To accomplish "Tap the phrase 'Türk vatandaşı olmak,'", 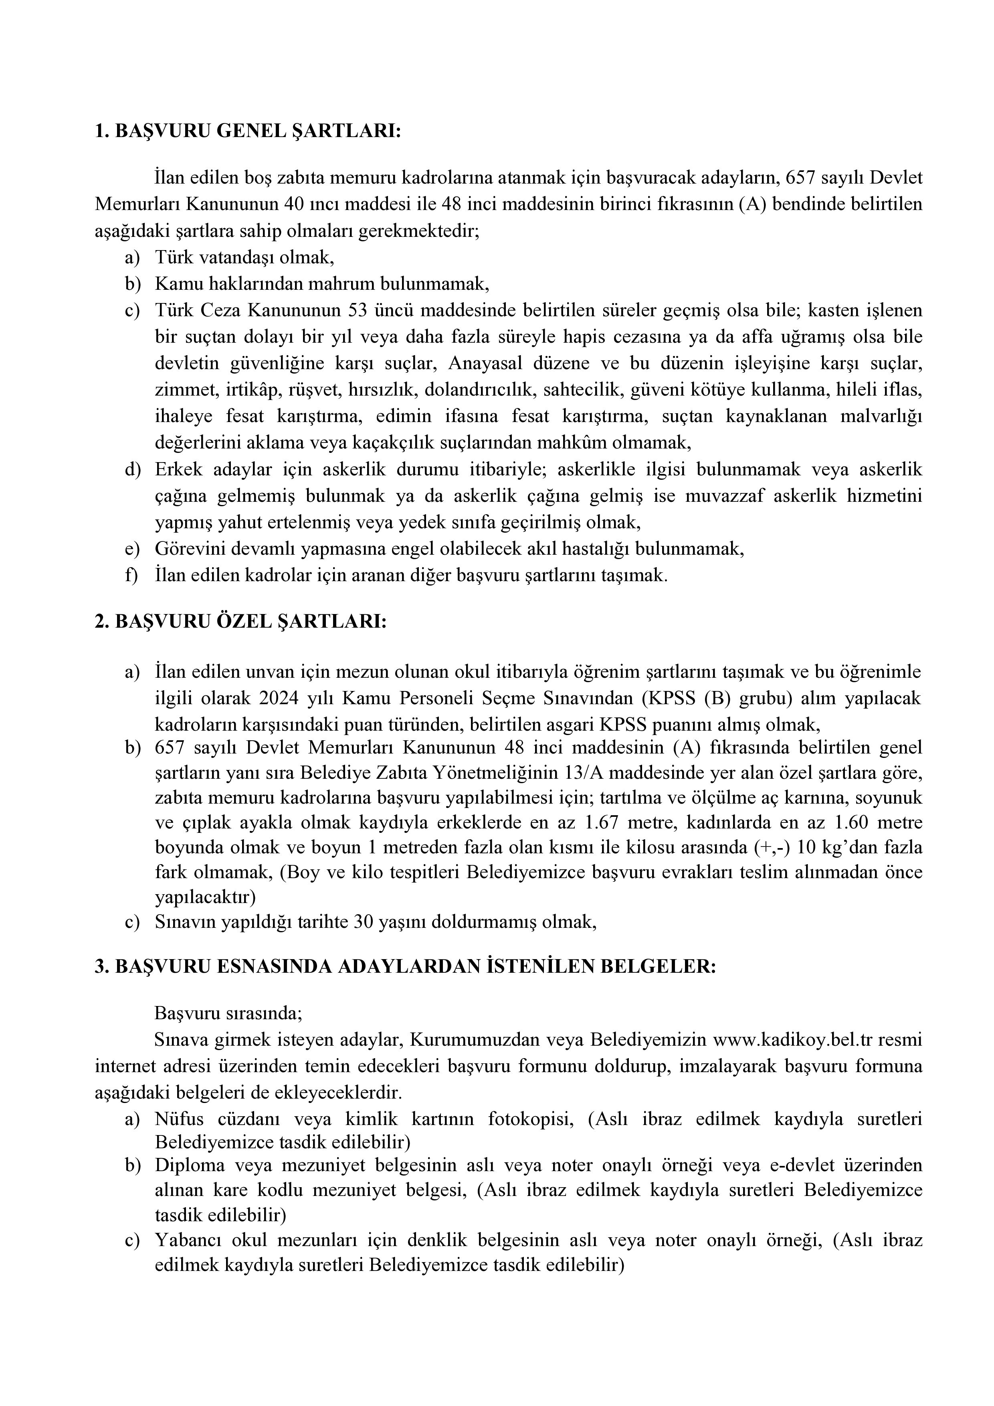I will tap(244, 258).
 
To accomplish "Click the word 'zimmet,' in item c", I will tap(177, 390).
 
